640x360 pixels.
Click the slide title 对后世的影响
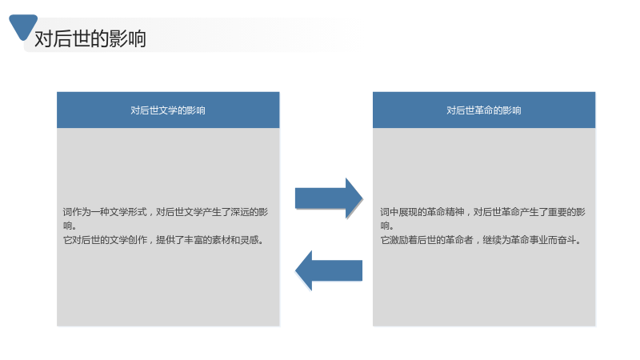pos(90,38)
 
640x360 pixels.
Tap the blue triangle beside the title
pos(23,26)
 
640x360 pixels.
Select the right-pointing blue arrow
pos(329,198)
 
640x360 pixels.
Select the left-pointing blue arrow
pos(329,270)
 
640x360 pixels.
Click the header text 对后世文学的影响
pos(168,110)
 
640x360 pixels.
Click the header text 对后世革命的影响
pos(484,110)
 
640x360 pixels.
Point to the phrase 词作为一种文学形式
pos(105,212)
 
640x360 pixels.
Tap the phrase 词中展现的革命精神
pos(422,212)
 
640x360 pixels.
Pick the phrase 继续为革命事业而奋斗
pos(529,239)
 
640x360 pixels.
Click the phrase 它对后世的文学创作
pos(105,239)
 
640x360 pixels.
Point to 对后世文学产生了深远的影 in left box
pos(212,212)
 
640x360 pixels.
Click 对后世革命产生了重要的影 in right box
pos(530,212)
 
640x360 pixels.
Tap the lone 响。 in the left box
pos(70,226)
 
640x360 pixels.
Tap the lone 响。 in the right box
pos(387,226)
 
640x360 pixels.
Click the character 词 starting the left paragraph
pos(67,212)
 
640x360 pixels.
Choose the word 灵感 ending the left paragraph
pos(250,239)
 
